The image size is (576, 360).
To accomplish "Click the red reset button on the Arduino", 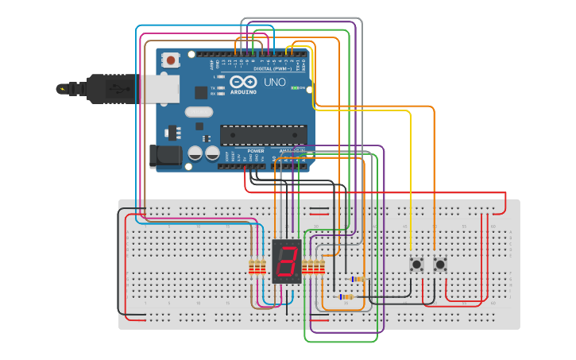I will (x=170, y=60).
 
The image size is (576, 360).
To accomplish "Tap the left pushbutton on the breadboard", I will (x=416, y=264).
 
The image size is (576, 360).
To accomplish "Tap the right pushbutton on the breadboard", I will (x=440, y=264).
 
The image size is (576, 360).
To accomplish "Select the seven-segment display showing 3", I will (x=287, y=261).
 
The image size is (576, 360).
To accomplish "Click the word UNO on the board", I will (x=274, y=82).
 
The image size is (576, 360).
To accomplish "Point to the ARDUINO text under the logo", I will (x=243, y=92).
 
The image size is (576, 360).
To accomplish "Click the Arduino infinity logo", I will (x=243, y=82).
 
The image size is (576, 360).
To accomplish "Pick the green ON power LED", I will (x=295, y=87).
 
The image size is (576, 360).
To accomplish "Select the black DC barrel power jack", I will (x=164, y=156).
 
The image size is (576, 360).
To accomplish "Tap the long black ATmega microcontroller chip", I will (x=263, y=136).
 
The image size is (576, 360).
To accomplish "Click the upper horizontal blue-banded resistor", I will (x=357, y=279).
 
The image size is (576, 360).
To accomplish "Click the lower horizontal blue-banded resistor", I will (x=346, y=297).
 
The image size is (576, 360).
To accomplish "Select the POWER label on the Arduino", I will (x=256, y=150).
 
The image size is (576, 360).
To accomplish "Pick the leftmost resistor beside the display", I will (x=253, y=266).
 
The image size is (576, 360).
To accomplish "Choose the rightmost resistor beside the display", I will (x=323, y=266).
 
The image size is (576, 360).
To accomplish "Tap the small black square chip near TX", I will (x=201, y=92).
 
